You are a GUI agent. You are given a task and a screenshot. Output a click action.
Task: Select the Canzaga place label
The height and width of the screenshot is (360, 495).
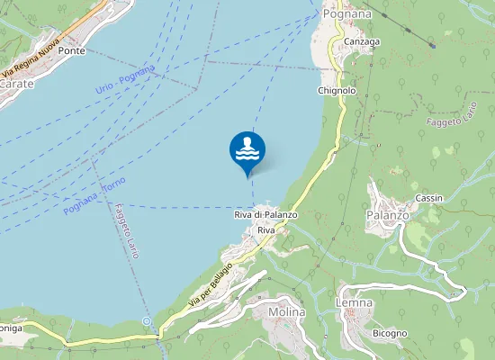pos(361,41)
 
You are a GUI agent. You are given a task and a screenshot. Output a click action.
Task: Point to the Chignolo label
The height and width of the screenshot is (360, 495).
pos(337,91)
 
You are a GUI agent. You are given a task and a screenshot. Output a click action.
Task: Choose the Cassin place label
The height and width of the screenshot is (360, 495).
pos(428,197)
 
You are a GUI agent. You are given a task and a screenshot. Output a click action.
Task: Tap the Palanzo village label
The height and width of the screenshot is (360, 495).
pos(388,215)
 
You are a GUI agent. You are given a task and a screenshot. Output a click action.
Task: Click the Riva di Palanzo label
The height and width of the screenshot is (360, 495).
pos(265,215)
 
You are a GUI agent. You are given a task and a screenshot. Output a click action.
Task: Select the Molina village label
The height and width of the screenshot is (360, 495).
pos(287,312)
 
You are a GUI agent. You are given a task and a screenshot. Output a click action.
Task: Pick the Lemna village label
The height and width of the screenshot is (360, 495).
pos(355,302)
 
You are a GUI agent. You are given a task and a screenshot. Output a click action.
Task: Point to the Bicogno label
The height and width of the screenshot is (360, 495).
pos(390,333)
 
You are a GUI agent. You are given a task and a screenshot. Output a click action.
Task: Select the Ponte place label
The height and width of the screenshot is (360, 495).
pos(71,51)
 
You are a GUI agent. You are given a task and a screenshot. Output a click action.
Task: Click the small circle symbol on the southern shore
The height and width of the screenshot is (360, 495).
pos(147,320)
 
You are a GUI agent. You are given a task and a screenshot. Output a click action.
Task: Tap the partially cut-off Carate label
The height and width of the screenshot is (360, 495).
pos(16,83)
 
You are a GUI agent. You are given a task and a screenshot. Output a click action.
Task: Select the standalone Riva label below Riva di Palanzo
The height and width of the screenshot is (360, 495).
pos(265,230)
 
